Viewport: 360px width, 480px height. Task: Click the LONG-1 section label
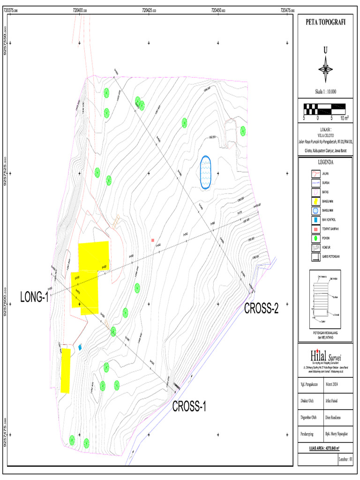point(35,297)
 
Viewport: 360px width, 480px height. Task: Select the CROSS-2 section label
point(261,308)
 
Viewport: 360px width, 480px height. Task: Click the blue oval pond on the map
point(205,172)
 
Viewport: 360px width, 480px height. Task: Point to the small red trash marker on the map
point(153,240)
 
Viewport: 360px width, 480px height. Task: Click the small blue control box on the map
point(80,347)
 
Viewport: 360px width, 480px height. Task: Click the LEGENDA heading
point(325,163)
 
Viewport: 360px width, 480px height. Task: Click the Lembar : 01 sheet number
point(345,459)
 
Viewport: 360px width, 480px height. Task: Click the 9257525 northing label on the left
point(5,173)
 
